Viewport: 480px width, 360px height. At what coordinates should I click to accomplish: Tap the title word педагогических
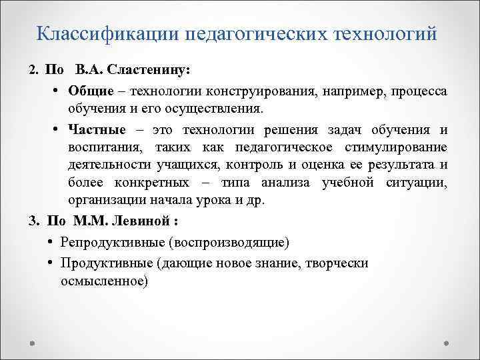click(256, 32)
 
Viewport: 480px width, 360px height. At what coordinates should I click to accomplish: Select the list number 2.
click(33, 70)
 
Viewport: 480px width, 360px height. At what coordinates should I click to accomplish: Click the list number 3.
click(33, 221)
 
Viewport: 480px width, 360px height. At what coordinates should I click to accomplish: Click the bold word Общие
click(87, 90)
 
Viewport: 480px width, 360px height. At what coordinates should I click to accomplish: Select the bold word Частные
click(92, 129)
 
